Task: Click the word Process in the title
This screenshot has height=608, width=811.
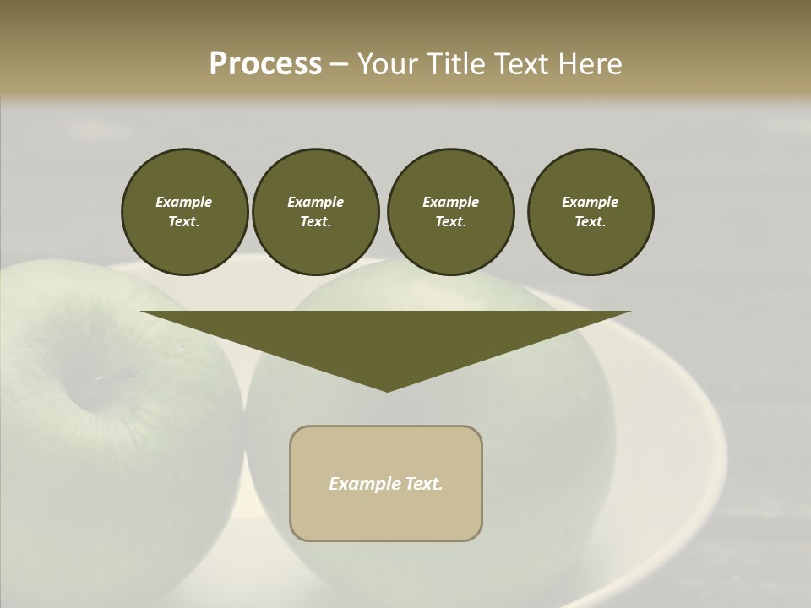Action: pyautogui.click(x=265, y=64)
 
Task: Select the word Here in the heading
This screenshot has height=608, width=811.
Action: pyautogui.click(x=589, y=64)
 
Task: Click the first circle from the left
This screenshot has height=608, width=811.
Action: pyautogui.click(x=184, y=212)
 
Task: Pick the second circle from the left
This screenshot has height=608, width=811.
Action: pyautogui.click(x=315, y=212)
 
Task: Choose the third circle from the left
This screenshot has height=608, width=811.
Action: pyautogui.click(x=450, y=212)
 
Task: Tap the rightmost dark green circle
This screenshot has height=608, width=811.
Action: pyautogui.click(x=591, y=212)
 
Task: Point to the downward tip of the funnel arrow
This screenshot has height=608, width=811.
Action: pyautogui.click(x=387, y=389)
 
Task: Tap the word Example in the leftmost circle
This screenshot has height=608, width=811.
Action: pyautogui.click(x=184, y=202)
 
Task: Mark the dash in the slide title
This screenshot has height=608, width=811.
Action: pyautogui.click(x=339, y=64)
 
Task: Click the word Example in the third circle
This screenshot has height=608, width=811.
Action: pyautogui.click(x=450, y=202)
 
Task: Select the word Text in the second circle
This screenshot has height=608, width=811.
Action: pyautogui.click(x=314, y=222)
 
